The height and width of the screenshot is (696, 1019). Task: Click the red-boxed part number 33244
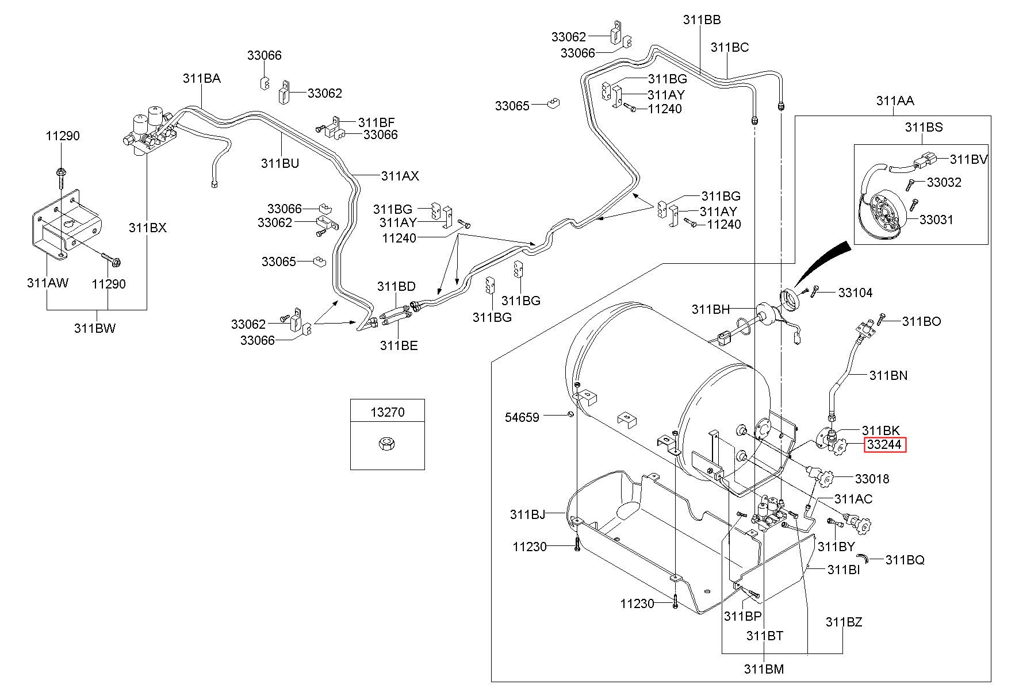pyautogui.click(x=884, y=445)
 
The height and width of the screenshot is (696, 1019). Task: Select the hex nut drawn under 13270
pyautogui.click(x=387, y=443)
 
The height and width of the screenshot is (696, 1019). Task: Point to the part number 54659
pyautogui.click(x=522, y=417)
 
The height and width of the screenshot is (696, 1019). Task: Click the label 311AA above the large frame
pyautogui.click(x=895, y=101)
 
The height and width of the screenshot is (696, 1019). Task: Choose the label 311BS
pyautogui.click(x=924, y=127)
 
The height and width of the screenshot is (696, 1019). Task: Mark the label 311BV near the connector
pyautogui.click(x=969, y=159)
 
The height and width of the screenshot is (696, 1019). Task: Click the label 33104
pyautogui.click(x=855, y=293)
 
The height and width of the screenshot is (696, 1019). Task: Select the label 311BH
pyautogui.click(x=710, y=309)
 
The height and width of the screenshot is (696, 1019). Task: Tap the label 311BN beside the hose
pyautogui.click(x=888, y=375)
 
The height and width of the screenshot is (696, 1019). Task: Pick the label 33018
pyautogui.click(x=872, y=479)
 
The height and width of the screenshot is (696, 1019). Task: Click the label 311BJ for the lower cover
pyautogui.click(x=527, y=514)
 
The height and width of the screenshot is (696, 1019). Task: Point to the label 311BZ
pyautogui.click(x=844, y=622)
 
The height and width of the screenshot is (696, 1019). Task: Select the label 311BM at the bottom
pyautogui.click(x=764, y=669)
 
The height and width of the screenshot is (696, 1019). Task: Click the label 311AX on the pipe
pyautogui.click(x=400, y=176)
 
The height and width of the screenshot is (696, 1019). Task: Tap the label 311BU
pyautogui.click(x=280, y=163)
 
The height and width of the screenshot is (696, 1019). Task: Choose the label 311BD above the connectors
pyautogui.click(x=396, y=286)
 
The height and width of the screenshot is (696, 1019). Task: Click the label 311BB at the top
pyautogui.click(x=702, y=20)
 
